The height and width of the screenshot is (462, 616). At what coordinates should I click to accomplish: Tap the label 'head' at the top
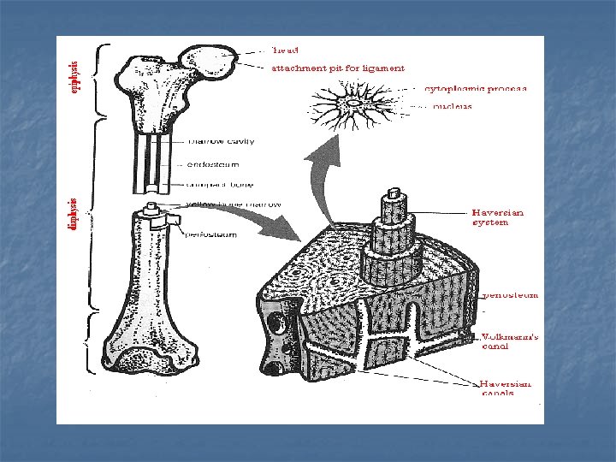pyautogui.click(x=284, y=49)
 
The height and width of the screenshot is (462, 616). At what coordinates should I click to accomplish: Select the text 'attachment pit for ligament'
pyautogui.click(x=338, y=68)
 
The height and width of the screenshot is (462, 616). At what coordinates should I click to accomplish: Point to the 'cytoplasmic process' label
pyautogui.click(x=476, y=88)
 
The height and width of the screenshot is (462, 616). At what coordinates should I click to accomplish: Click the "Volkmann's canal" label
pyautogui.click(x=510, y=341)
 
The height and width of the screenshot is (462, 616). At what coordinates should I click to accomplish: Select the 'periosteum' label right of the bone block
pyautogui.click(x=511, y=295)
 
